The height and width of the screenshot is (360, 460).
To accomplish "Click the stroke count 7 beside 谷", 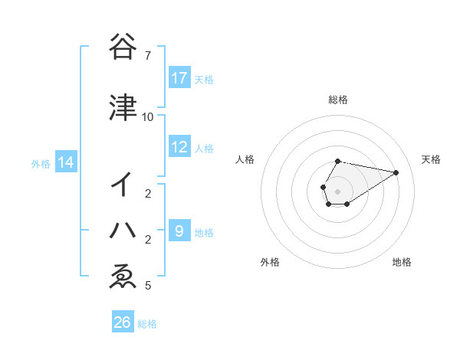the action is [147, 56].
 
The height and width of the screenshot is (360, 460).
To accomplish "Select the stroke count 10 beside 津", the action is [147, 117].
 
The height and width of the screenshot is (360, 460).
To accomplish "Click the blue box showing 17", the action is [179, 78].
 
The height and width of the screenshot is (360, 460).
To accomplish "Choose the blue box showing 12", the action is [179, 147].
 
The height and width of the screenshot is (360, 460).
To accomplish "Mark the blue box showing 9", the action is [179, 231].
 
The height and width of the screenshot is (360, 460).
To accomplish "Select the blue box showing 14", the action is [65, 162].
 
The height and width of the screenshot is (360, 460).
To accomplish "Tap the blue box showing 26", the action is [123, 323].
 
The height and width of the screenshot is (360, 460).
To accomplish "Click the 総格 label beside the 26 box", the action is [147, 324].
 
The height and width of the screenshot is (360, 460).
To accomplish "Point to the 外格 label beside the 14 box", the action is [41, 163].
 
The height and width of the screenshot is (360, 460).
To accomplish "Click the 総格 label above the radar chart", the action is [338, 100].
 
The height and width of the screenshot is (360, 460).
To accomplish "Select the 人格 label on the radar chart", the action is [245, 159].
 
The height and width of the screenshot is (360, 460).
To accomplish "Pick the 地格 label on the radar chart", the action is [402, 263].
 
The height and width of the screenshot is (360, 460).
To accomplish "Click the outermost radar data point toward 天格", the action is [396, 172].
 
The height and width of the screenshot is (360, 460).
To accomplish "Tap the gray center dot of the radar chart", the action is [338, 191].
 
